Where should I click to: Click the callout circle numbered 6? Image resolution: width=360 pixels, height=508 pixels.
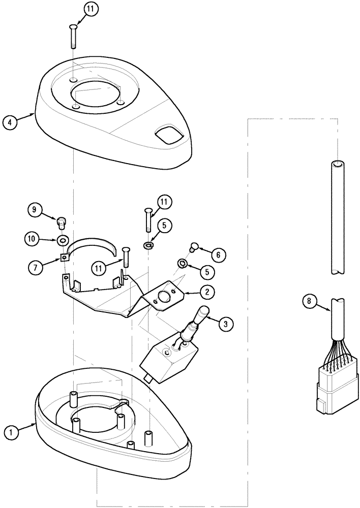pyautogui.click(x=219, y=253)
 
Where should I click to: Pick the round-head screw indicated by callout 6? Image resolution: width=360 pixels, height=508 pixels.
pyautogui.click(x=193, y=247)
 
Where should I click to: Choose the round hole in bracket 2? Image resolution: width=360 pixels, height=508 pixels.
pyautogui.click(x=165, y=297)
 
